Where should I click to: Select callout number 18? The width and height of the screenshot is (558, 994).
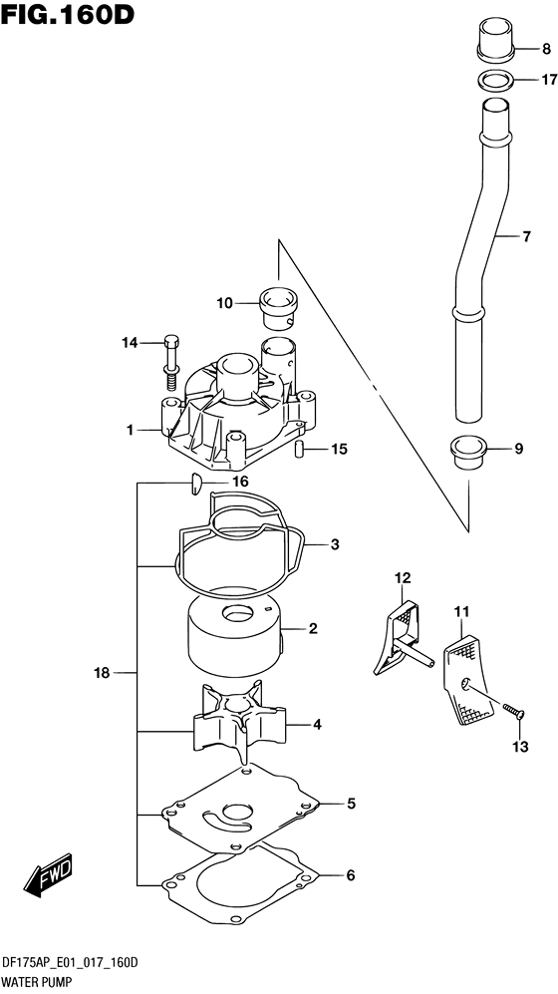[x=102, y=674]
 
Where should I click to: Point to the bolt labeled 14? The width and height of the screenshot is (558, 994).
[x=169, y=363]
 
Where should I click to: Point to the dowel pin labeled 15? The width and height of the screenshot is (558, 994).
[x=300, y=451]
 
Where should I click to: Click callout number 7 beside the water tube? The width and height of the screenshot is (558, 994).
[x=527, y=237]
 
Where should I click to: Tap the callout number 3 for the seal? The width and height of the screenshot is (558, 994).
[x=335, y=544]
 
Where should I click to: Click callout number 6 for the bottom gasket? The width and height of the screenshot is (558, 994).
[x=350, y=875]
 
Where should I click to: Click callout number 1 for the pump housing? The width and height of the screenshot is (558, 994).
[x=130, y=430]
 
